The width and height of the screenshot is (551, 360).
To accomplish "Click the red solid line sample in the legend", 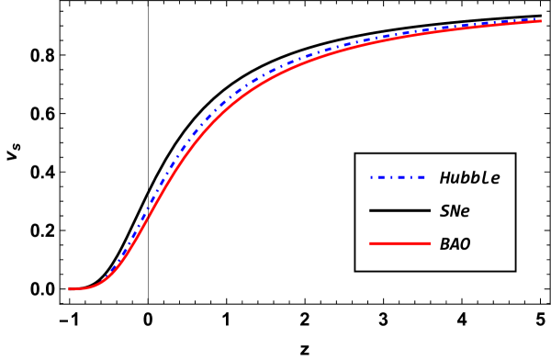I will [x=399, y=243].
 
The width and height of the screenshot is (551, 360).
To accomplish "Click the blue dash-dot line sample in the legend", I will [x=398, y=177].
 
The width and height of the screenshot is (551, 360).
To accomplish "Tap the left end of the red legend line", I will [x=371, y=243].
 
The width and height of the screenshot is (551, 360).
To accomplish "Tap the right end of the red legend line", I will [x=429, y=243].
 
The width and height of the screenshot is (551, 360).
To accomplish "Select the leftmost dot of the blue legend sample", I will [x=371, y=177].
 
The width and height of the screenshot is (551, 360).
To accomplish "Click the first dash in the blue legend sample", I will [x=380, y=177].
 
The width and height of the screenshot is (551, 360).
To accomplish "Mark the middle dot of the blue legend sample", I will [x=390, y=177].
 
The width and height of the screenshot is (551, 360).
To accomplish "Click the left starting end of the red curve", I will [x=70, y=288].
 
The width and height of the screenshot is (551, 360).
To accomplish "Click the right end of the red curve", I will [x=540, y=20].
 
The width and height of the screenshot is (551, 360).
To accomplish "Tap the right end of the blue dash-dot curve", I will [x=540, y=18].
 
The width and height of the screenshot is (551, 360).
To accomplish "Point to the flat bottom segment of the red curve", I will [x=79, y=288].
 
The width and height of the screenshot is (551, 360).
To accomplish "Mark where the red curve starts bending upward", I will [x=96, y=284].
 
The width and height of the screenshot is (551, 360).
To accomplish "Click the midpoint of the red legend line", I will [x=399, y=243].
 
